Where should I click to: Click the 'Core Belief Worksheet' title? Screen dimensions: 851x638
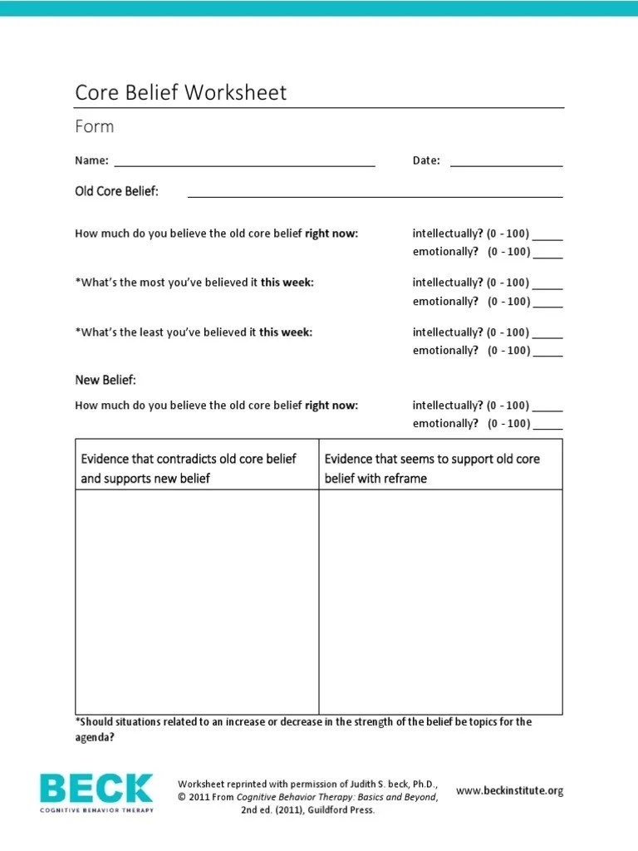click(180, 92)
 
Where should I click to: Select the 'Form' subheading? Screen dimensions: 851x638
click(94, 127)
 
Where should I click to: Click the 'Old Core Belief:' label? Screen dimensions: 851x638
click(116, 192)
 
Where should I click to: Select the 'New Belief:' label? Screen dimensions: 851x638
click(106, 380)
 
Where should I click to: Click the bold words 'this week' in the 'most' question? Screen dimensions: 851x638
click(287, 283)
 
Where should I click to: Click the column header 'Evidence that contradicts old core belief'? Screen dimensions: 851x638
click(189, 459)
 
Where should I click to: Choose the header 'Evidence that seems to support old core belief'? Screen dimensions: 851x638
click(432, 459)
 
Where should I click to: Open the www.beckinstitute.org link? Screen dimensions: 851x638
click(510, 791)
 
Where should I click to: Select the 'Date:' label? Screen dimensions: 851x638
click(426, 160)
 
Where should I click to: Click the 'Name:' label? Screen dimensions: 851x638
click(91, 160)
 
